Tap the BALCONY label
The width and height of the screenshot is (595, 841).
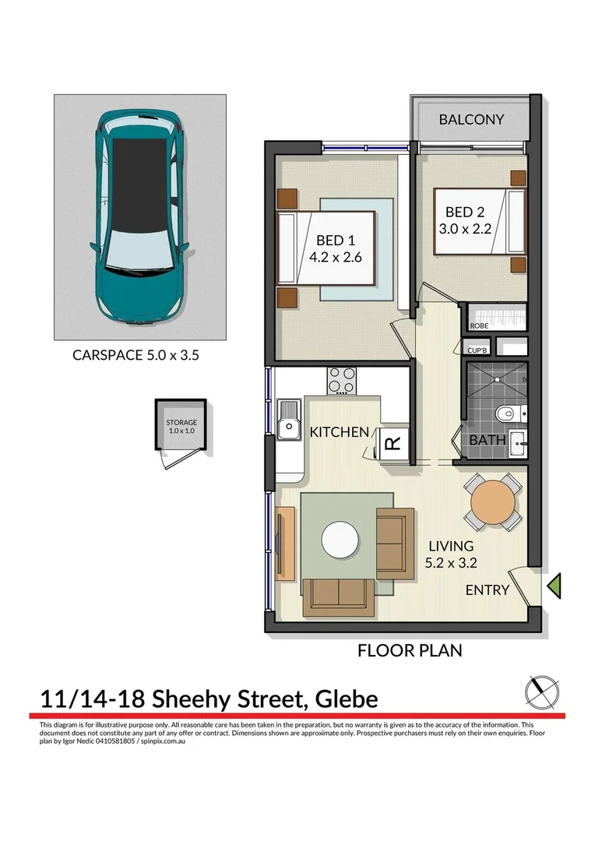coord(470,120)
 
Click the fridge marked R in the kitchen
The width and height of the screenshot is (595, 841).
coord(393,443)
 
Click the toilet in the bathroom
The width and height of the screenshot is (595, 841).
coord(507,413)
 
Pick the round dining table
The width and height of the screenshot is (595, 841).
coord(492,502)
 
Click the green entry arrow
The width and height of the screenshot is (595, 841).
coord(555,585)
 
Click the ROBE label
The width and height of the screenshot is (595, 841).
coord(479,326)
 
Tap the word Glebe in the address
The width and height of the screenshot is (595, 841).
coord(347,698)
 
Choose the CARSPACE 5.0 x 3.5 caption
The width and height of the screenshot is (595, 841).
coord(140,355)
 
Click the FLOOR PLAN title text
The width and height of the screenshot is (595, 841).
coord(409,649)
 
